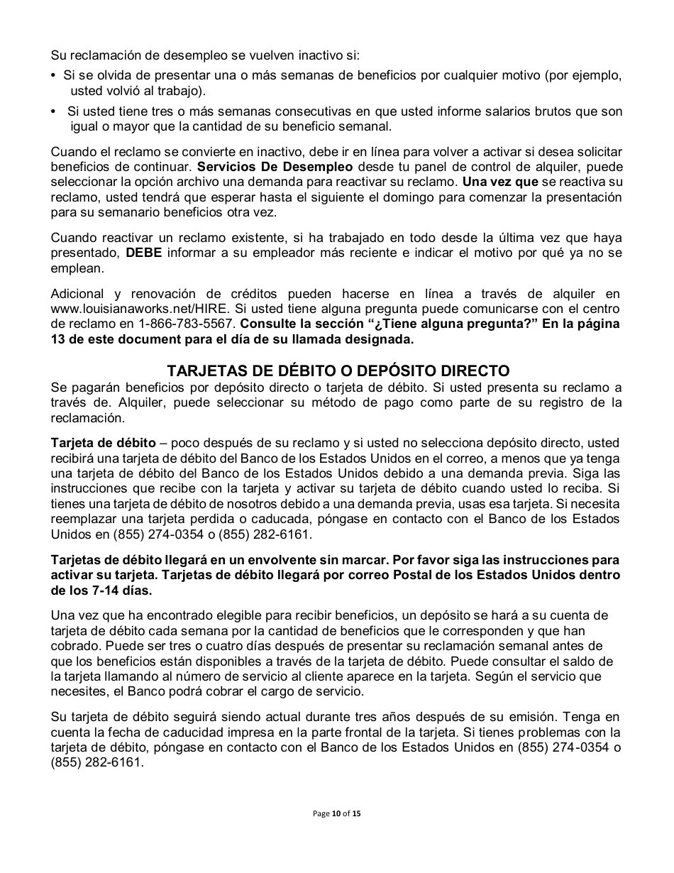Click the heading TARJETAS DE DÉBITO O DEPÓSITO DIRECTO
(338, 370)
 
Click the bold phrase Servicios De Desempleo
(275, 167)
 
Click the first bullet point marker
(54, 76)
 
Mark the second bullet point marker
(54, 112)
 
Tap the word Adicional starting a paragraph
(77, 294)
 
